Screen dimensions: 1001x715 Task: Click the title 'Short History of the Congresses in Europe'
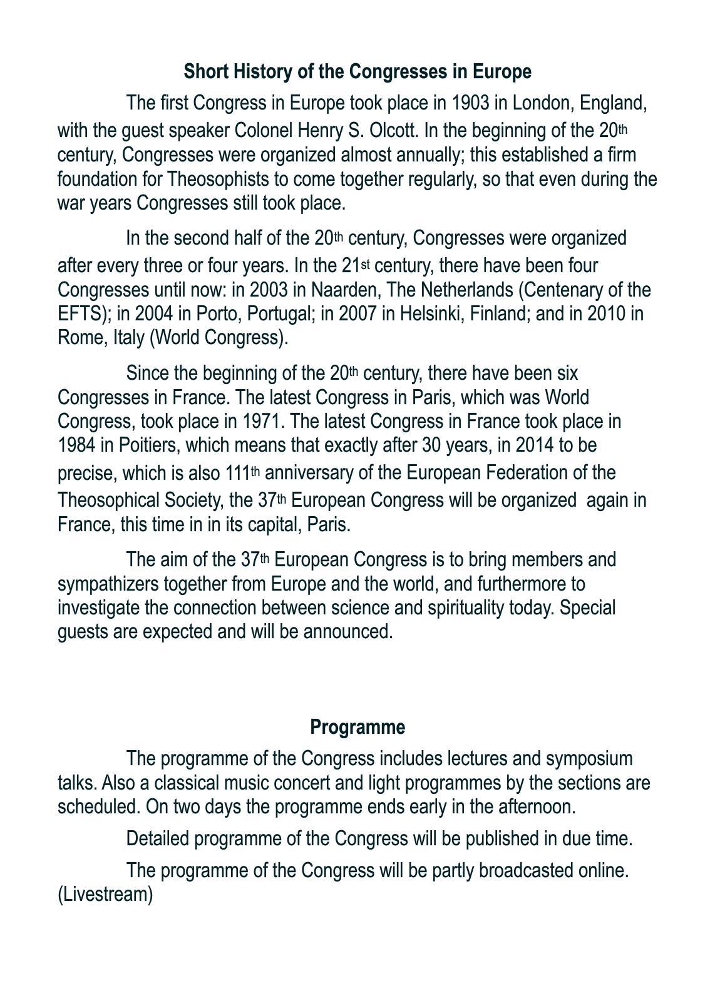pyautogui.click(x=357, y=72)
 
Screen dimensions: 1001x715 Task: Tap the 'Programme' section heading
pyautogui.click(x=357, y=727)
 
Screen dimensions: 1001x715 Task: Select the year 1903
pyautogui.click(x=470, y=102)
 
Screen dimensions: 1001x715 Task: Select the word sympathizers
pyautogui.click(x=108, y=584)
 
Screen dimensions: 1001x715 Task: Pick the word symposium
pyautogui.click(x=589, y=758)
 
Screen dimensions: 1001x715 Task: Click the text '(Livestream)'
pyautogui.click(x=105, y=895)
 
